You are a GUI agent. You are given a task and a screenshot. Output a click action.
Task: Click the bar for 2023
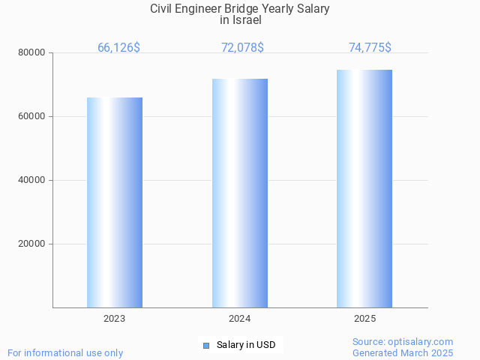115,202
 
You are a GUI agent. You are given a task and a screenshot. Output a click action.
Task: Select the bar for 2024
240,193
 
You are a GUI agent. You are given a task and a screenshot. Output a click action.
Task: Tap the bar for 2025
364,188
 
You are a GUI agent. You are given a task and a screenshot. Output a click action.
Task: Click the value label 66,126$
118,48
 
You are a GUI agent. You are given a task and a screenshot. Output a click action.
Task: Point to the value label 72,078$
242,48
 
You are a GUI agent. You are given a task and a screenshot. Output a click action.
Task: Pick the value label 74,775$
370,48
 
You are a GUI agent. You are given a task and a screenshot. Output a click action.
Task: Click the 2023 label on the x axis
115,319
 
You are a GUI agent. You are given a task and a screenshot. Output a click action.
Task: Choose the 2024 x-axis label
240,319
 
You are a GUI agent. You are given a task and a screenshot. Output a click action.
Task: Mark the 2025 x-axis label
364,319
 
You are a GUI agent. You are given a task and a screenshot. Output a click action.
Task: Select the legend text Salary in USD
246,345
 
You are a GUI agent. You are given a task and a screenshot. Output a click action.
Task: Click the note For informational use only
65,352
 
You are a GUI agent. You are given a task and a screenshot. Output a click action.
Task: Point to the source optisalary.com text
403,341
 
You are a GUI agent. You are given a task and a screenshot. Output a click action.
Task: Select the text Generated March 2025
403,352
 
